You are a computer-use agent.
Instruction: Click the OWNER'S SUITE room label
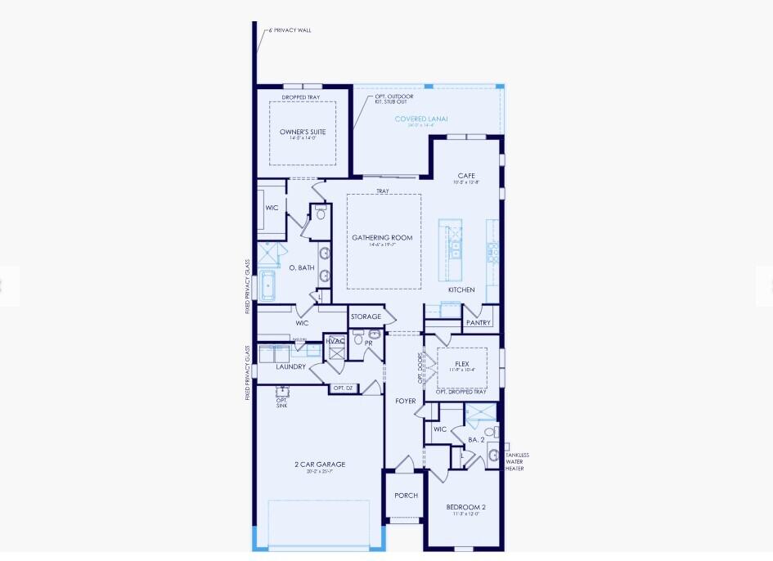(303, 132)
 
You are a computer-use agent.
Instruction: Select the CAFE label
(466, 176)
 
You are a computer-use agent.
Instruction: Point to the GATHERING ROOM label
(383, 238)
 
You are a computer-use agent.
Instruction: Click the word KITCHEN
(461, 290)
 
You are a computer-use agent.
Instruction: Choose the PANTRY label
(478, 323)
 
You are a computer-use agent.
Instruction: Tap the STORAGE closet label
(366, 316)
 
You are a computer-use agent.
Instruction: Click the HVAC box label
(335, 341)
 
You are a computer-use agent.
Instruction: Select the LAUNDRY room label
(290, 367)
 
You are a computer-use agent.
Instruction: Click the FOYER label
(405, 402)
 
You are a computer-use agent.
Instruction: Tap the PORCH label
(406, 496)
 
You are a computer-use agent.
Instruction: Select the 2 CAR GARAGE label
(320, 465)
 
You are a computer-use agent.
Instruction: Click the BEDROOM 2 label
(465, 507)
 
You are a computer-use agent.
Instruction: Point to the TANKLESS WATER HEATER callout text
(517, 462)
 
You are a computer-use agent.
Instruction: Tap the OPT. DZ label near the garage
(343, 388)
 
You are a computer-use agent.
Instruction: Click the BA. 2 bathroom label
(476, 440)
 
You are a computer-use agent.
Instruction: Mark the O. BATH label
(302, 267)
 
